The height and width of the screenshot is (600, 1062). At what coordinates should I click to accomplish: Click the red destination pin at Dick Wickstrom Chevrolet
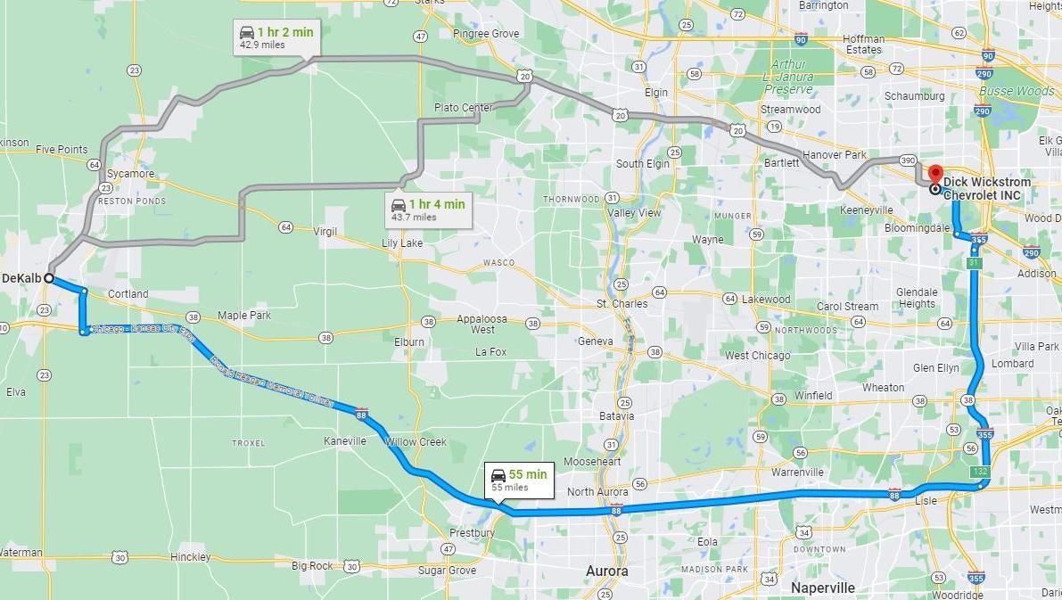(934, 174)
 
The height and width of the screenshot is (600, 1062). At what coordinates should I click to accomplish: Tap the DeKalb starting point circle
(49, 278)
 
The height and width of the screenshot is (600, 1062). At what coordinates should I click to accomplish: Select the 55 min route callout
(519, 480)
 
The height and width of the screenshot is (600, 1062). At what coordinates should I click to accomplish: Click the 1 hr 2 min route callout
(276, 37)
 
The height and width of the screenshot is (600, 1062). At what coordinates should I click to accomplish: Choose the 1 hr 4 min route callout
(427, 210)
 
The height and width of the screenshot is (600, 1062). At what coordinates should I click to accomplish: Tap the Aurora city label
(606, 571)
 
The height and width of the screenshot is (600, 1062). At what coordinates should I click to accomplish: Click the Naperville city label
(823, 588)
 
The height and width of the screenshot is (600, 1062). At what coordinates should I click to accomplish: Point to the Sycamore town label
(130, 174)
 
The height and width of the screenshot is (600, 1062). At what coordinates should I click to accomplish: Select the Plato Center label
(463, 108)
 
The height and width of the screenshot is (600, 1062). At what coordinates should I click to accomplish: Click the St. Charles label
(622, 304)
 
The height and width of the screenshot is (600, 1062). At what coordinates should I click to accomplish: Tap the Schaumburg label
(914, 95)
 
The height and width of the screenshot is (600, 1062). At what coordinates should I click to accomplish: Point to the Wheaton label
(883, 388)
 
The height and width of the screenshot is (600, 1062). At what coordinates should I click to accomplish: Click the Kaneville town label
(344, 441)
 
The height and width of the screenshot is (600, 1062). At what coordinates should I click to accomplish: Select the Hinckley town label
(190, 557)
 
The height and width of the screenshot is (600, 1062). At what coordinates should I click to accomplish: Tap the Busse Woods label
(1017, 91)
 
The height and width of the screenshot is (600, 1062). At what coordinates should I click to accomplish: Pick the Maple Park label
(244, 316)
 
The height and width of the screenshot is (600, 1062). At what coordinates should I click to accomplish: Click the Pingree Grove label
(485, 34)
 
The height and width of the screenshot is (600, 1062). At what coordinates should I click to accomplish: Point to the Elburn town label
(408, 341)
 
